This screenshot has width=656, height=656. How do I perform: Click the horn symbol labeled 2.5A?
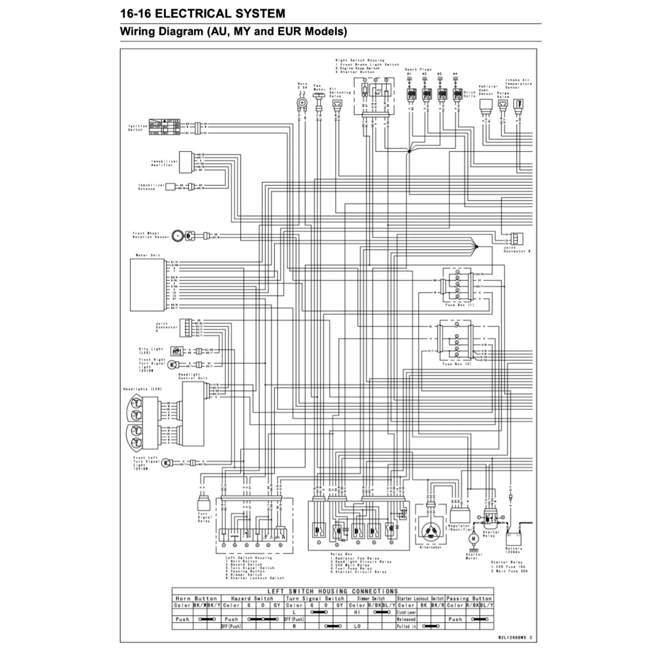(302, 102)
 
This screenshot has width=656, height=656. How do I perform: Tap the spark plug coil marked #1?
(409, 94)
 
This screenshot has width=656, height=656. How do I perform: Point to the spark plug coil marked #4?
(456, 94)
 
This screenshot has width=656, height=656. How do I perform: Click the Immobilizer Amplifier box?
(185, 162)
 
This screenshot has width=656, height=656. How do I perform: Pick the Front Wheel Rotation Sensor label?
(151, 235)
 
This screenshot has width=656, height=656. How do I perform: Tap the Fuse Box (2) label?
(457, 363)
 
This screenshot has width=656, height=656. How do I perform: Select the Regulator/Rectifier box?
(460, 514)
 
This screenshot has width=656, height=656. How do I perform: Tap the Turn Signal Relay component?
(203, 503)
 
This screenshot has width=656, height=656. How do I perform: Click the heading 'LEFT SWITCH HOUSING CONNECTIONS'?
(332, 591)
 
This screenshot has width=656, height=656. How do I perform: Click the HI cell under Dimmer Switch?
(357, 612)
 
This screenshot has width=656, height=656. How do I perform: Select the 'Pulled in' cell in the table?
(406, 626)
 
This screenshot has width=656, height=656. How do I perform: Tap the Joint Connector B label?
(517, 250)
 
